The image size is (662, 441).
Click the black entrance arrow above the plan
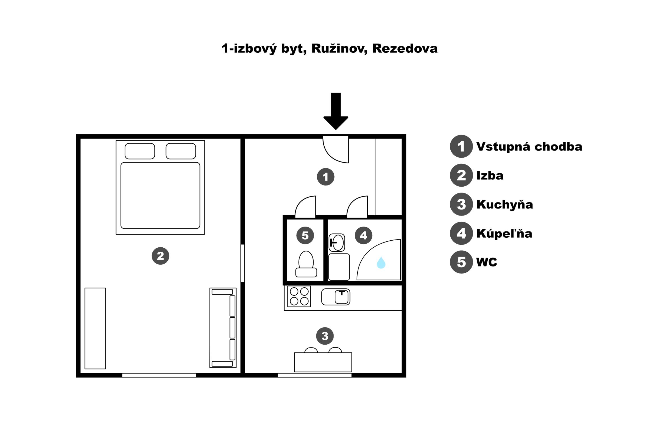click(x=335, y=111)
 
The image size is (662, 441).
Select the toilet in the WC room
click(x=306, y=264)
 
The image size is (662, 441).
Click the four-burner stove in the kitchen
click(x=299, y=297)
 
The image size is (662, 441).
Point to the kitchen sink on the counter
click(x=336, y=297)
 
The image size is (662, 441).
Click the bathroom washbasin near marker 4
click(x=337, y=243)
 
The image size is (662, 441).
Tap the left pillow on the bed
click(x=139, y=151)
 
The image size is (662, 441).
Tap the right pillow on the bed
click(x=181, y=151)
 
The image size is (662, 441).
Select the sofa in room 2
click(x=223, y=328)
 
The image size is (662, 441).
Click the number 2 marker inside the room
click(x=161, y=256)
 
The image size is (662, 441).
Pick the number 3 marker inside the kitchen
click(x=325, y=336)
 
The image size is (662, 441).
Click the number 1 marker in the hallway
click(x=326, y=177)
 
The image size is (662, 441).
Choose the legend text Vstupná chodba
click(x=529, y=147)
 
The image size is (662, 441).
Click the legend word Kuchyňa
click(x=505, y=205)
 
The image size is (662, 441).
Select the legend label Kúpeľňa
click(x=504, y=233)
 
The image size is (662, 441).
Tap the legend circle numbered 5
click(x=461, y=262)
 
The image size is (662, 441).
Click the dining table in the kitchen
click(x=323, y=362)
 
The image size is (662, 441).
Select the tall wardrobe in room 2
click(x=95, y=328)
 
